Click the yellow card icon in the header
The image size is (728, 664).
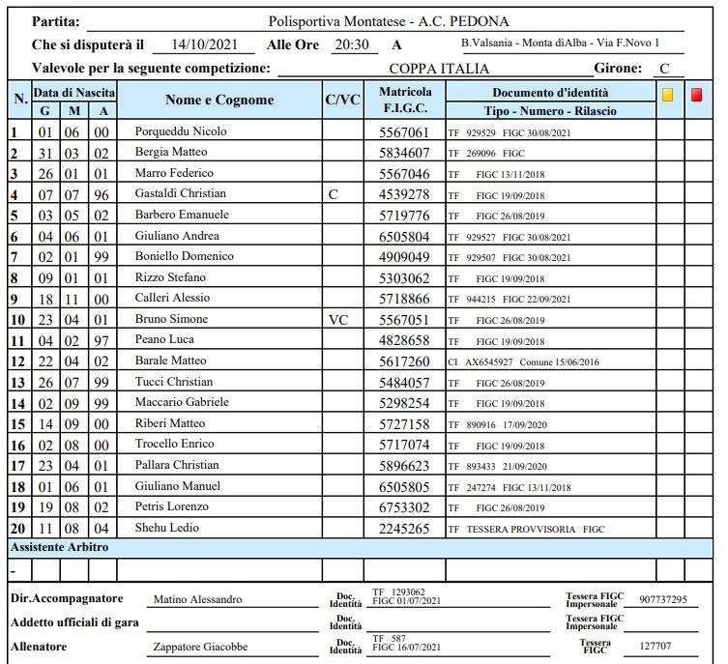[668, 95]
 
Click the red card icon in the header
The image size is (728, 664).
[697, 95]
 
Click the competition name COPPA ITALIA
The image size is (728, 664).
[439, 69]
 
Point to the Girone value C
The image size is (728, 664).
[664, 69]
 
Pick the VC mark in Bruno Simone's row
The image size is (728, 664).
[338, 319]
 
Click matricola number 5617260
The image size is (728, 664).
[404, 361]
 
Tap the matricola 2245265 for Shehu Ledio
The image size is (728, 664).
[404, 529]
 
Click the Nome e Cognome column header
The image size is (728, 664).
[219, 100]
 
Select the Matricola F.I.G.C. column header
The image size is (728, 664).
[405, 100]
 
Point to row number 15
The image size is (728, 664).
[17, 423]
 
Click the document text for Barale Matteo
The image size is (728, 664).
[522, 361]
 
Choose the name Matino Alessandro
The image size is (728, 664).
[198, 599]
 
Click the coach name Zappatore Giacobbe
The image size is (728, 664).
[200, 647]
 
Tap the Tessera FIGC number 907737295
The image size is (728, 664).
[662, 599]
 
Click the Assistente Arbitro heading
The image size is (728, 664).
[59, 547]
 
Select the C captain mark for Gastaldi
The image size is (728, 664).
[334, 194]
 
